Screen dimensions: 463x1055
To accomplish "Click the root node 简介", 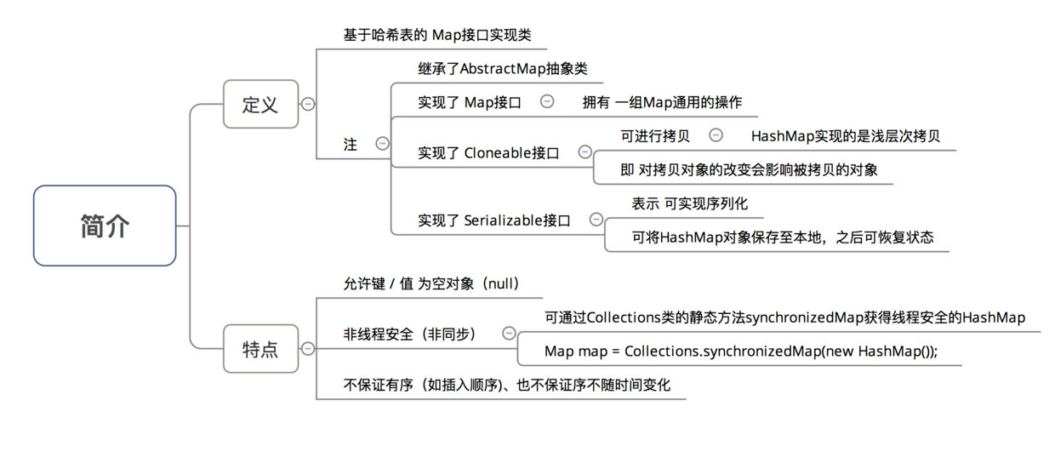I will coord(105,226).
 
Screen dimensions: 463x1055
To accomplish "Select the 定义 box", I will coord(260,104).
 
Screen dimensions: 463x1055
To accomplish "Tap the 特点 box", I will coord(260,348).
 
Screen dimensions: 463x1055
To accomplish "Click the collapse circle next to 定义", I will coord(308,104).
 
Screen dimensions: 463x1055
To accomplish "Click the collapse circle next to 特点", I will coord(308,348).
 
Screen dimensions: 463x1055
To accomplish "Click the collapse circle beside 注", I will coord(382,144).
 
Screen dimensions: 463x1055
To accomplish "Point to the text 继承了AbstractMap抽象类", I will coord(503,69).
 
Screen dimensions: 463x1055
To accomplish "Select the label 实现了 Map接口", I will coord(470,102).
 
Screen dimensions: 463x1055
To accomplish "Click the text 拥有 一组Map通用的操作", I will coord(662,102).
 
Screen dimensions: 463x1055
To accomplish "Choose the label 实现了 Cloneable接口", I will coord(488,153).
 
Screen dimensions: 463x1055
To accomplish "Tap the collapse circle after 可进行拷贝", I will coord(716,135).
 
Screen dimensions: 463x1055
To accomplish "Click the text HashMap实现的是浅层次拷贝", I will coord(845,136).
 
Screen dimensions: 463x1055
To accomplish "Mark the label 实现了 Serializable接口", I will coord(493,220).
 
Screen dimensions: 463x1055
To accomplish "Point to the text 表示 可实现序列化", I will coord(690,204).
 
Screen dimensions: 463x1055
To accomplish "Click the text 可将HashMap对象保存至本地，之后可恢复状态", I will coord(782,237).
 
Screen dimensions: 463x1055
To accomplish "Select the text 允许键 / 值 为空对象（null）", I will coord(431,284).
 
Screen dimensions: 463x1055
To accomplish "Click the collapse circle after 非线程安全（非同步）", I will coord(509,334).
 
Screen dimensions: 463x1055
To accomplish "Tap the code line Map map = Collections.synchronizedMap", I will coord(740,352).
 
